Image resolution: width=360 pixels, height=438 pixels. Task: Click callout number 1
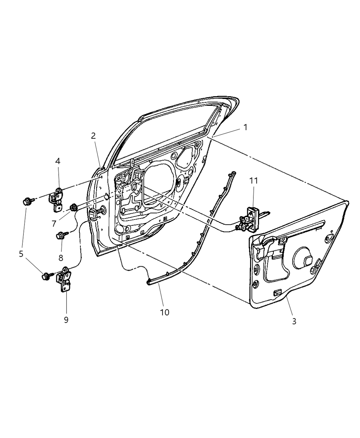click(x=245, y=127)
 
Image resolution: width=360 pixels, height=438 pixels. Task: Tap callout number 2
click(x=93, y=136)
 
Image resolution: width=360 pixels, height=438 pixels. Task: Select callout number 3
click(x=294, y=321)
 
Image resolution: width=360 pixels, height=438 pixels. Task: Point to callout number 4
click(x=58, y=161)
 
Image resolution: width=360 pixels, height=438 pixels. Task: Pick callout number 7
click(x=54, y=223)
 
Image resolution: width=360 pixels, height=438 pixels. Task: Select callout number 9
click(x=66, y=319)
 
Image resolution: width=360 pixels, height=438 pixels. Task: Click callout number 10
click(x=165, y=312)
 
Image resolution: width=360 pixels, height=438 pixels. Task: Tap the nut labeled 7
click(x=73, y=207)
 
